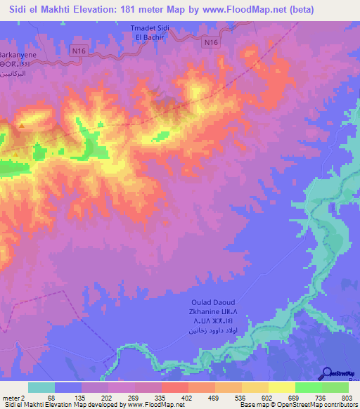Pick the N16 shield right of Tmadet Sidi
click(210, 43)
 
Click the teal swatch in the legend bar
click(41, 387)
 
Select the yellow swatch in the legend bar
click(281, 387)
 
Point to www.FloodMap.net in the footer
click(151, 405)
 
